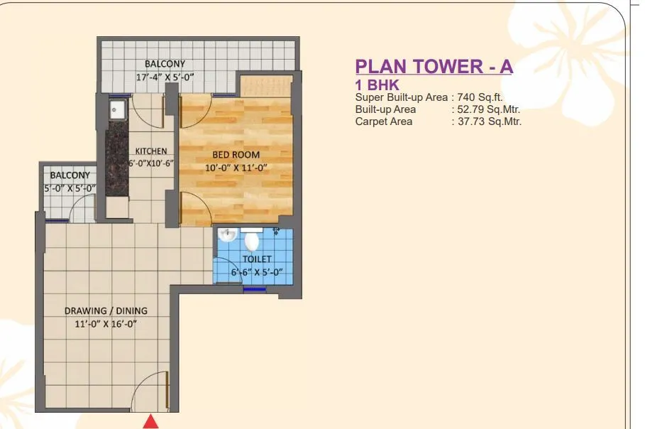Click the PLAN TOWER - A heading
(x=434, y=67)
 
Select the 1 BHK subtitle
(x=377, y=85)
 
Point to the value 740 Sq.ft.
(x=480, y=98)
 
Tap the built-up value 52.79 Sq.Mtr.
(x=488, y=109)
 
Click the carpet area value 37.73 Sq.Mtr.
(x=488, y=121)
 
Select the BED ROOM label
(x=236, y=154)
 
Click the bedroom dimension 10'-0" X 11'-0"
(x=236, y=168)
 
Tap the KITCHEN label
(x=151, y=151)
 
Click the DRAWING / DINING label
(x=106, y=310)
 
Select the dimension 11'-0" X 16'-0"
(x=105, y=324)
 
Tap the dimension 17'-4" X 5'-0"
(x=165, y=77)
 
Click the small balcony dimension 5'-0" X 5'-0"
(x=69, y=189)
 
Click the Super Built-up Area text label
(x=402, y=98)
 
